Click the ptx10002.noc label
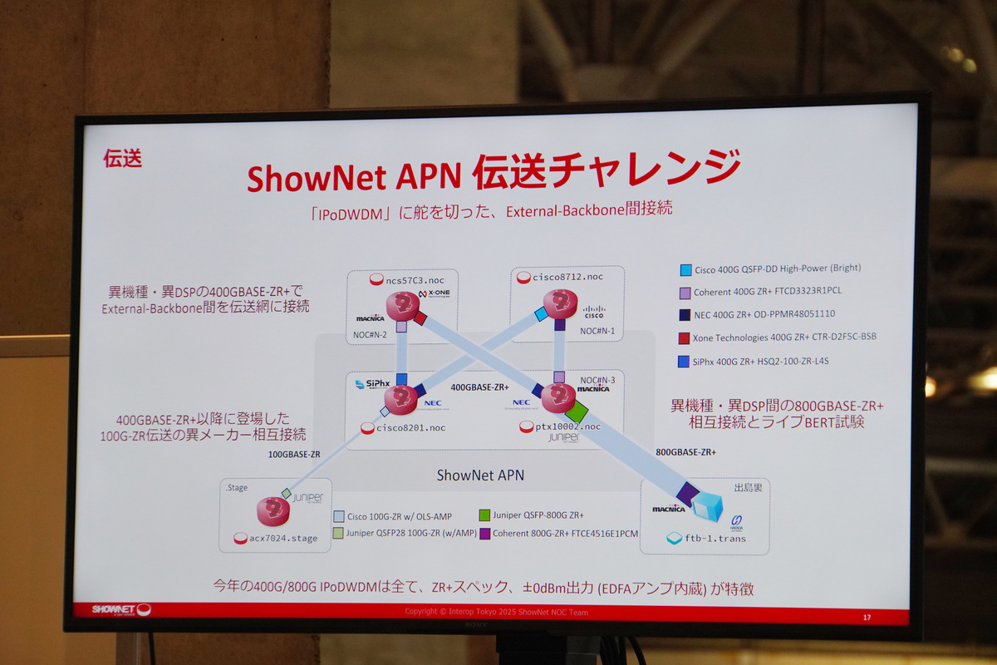[x=567, y=426]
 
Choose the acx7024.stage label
[x=283, y=538]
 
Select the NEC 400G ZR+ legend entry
[x=764, y=314]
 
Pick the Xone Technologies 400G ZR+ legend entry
[x=783, y=337]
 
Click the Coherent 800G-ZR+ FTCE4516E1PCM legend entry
[x=564, y=533]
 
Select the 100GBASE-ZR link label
[x=293, y=455]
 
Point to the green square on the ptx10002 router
[x=576, y=411]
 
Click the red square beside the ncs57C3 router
[x=420, y=318]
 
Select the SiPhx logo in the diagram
[x=371, y=383]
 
